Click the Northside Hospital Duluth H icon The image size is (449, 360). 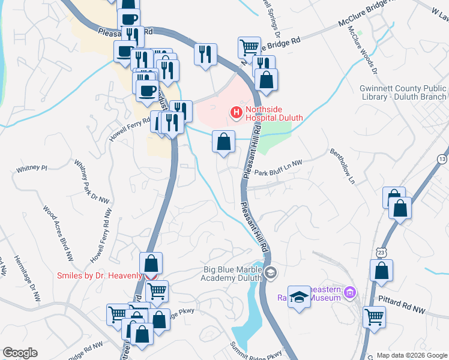[236, 112]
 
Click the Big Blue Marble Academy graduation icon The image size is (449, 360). [271, 273]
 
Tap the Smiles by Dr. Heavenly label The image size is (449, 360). [100, 275]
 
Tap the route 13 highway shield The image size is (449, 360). [442, 159]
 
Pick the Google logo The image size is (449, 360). [20, 353]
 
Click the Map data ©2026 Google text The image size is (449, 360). [412, 355]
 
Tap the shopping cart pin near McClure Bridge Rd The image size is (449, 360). [249, 46]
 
